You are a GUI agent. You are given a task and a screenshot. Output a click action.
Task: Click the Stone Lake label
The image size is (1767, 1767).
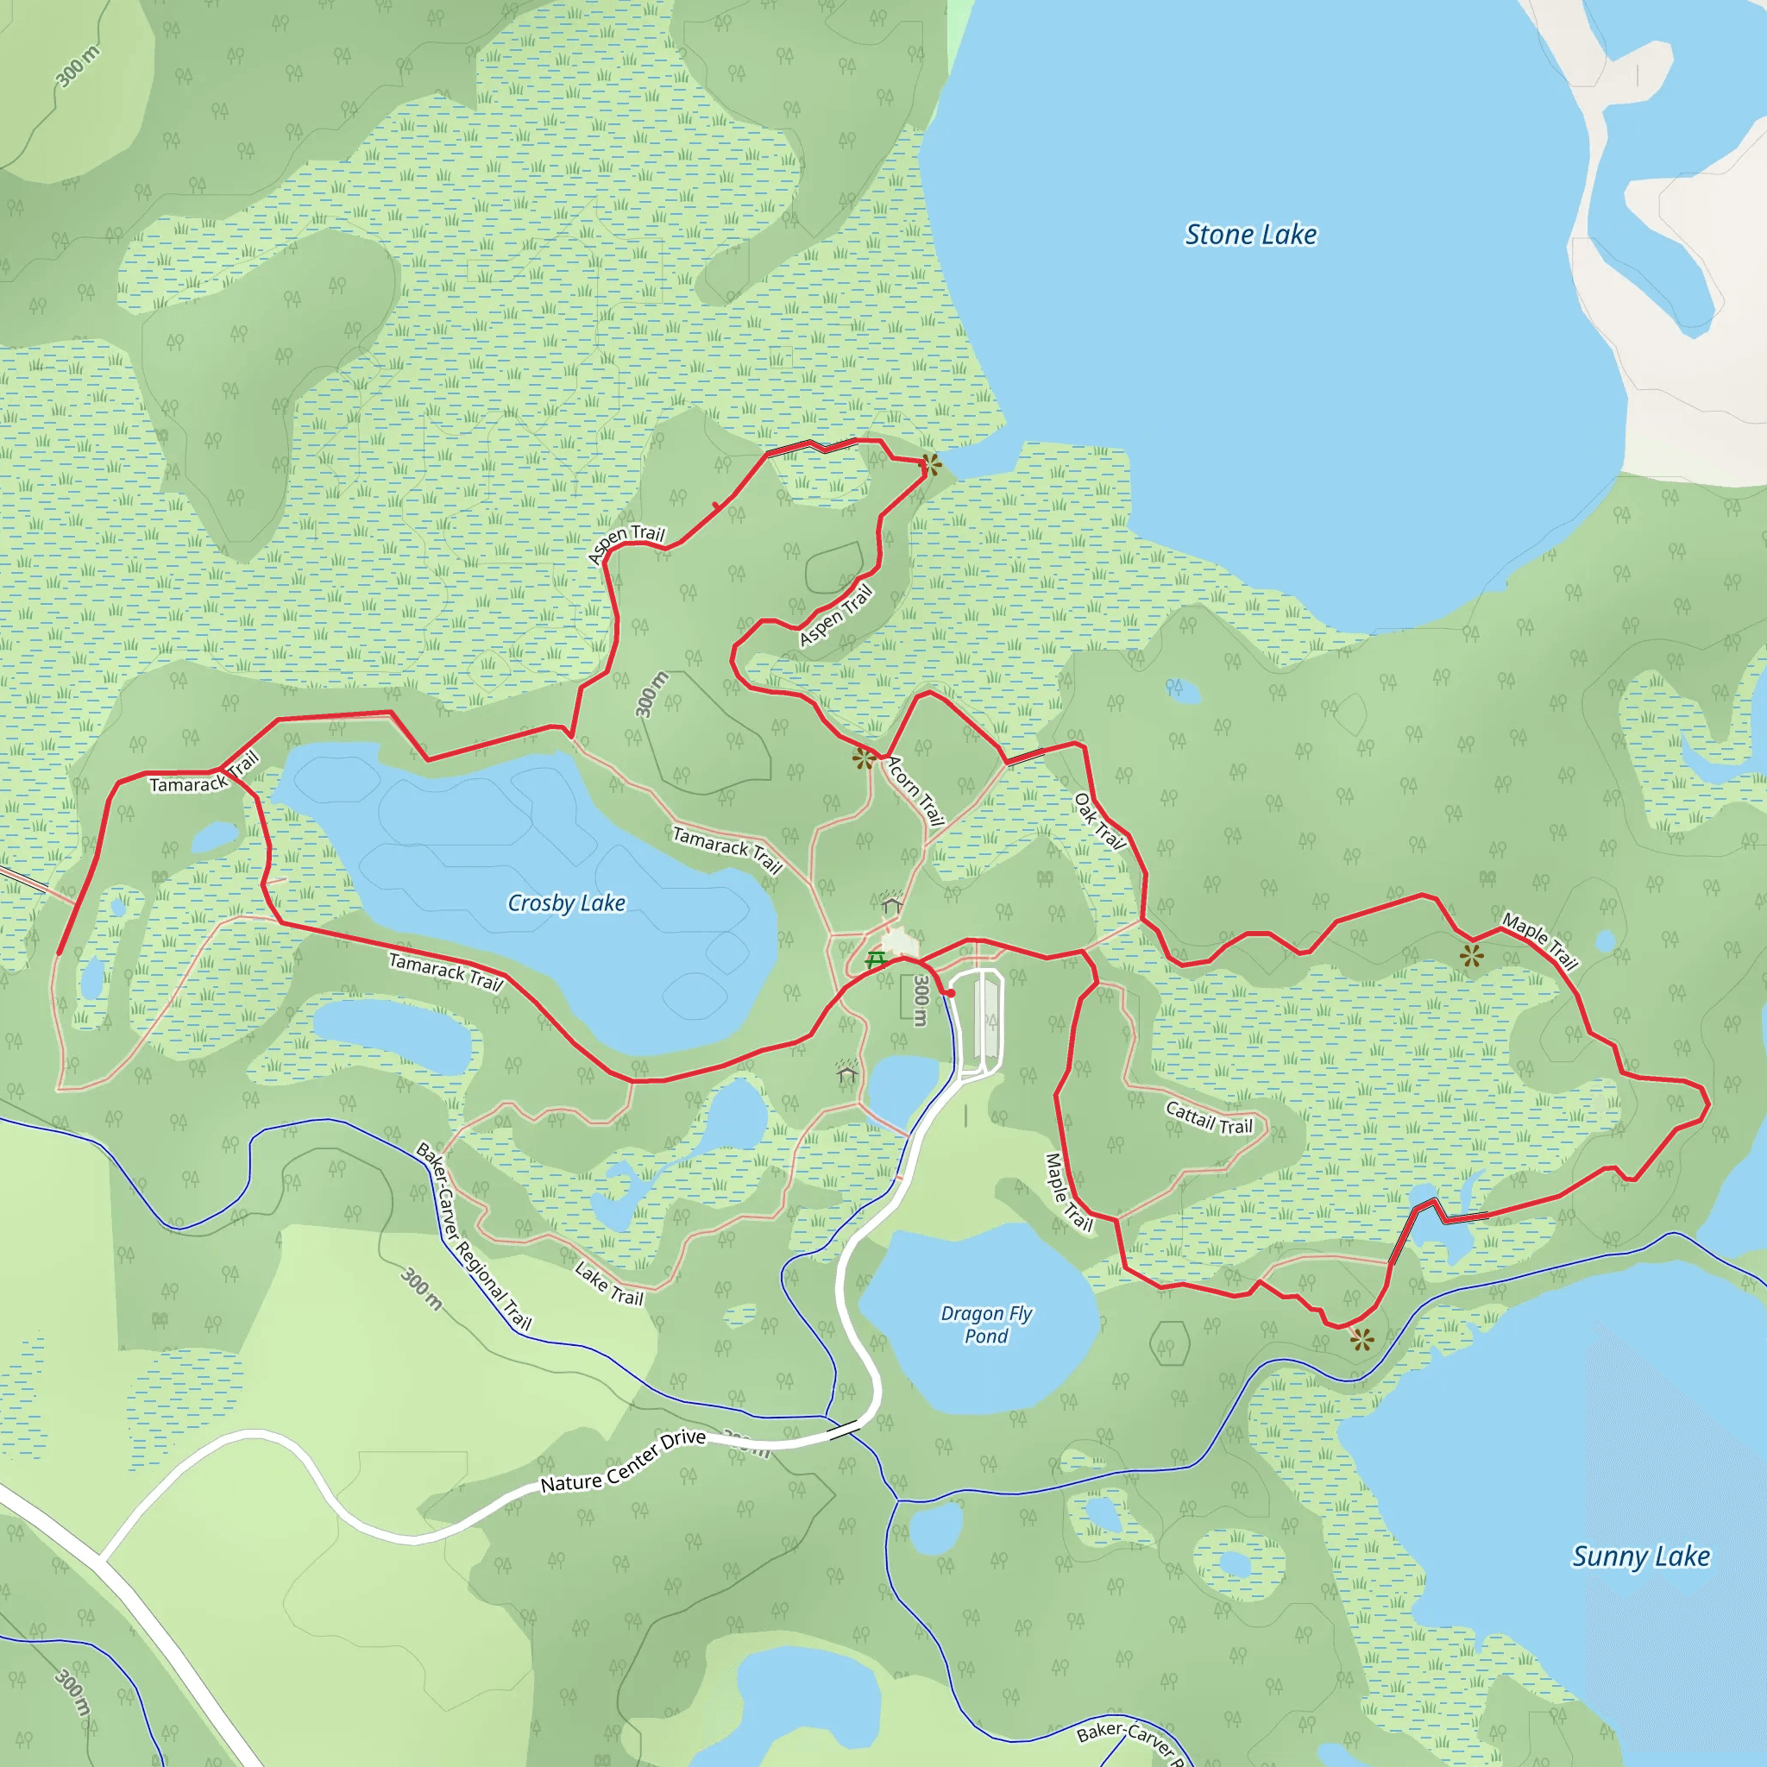click(1250, 235)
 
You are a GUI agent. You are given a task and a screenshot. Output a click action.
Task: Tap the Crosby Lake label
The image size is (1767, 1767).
click(566, 903)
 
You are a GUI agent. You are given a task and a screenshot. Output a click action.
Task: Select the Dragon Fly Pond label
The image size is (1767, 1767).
click(986, 1324)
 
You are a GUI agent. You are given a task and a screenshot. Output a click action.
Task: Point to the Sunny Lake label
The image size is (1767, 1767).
click(1640, 1556)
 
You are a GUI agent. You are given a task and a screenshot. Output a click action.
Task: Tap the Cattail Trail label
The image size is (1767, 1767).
click(1209, 1117)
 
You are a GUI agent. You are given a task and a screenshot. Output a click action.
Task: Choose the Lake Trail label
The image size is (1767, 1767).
click(609, 1283)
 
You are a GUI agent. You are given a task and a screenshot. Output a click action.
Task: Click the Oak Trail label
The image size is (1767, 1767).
click(1098, 821)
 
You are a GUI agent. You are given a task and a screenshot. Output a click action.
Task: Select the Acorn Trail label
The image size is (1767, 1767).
click(915, 791)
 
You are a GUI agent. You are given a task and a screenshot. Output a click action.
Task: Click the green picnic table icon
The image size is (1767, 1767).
click(875, 959)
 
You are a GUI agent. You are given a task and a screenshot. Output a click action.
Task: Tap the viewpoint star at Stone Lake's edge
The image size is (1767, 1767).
click(930, 466)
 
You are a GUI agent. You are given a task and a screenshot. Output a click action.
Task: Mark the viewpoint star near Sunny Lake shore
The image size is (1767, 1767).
click(1361, 1340)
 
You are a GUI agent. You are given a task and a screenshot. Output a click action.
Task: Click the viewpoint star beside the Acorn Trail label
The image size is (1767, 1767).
click(864, 758)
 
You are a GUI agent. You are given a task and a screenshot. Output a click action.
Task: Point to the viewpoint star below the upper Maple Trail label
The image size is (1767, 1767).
click(1472, 957)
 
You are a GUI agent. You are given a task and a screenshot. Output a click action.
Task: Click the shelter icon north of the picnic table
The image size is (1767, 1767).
click(890, 905)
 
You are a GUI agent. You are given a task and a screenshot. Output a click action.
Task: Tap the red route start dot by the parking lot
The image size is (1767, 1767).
click(951, 992)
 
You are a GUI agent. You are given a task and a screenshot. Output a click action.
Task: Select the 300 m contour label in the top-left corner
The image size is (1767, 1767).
click(77, 66)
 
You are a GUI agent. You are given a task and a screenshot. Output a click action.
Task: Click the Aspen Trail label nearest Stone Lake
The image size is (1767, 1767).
click(836, 615)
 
